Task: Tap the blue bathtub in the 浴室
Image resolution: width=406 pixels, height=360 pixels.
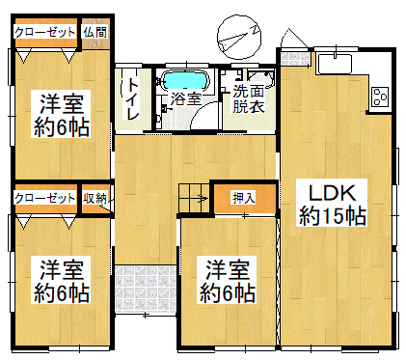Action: point(185,80)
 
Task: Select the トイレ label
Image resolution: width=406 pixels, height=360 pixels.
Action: point(133,98)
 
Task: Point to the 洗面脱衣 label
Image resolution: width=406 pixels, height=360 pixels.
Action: point(249,98)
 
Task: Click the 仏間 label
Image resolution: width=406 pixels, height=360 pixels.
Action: point(95,32)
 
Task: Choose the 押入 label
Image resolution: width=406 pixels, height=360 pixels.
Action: point(244,197)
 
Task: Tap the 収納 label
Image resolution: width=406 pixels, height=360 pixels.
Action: point(95,198)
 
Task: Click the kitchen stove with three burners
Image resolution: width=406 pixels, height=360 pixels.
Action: point(380,97)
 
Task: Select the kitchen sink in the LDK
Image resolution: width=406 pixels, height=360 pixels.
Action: point(335,65)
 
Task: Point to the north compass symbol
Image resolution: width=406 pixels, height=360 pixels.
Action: point(239,38)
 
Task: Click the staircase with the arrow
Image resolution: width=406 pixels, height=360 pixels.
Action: point(194,198)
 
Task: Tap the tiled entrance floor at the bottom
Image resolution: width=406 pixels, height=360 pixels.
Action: point(146,289)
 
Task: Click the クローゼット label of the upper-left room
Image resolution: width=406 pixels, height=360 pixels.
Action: point(45,32)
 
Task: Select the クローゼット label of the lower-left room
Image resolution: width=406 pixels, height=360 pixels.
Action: point(45,198)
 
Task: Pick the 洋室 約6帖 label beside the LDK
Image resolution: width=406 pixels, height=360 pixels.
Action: point(228,280)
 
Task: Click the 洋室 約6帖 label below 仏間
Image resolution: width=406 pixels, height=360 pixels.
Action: point(62,114)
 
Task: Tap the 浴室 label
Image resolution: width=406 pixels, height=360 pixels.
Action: point(186,98)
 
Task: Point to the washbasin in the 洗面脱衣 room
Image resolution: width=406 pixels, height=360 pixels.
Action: point(260,78)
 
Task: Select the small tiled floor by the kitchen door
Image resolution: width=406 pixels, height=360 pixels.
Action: point(295,58)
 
